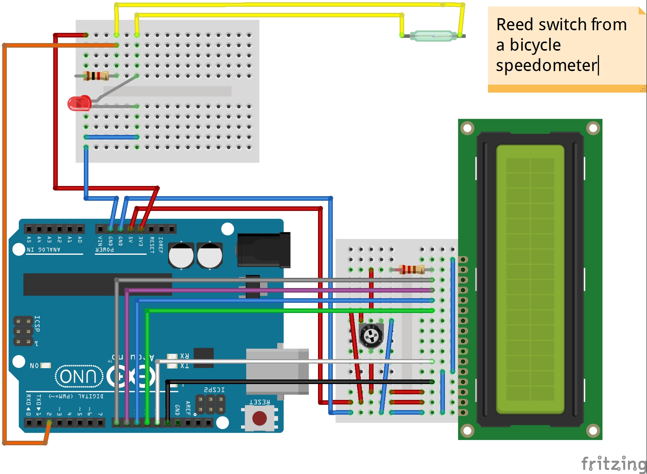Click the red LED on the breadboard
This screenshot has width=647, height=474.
(x=79, y=103)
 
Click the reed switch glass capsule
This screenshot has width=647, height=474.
(x=433, y=36)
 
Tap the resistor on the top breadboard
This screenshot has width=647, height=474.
(x=96, y=76)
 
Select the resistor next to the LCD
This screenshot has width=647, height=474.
(x=412, y=270)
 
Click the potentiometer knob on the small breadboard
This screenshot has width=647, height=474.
(x=371, y=335)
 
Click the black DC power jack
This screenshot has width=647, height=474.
(x=264, y=250)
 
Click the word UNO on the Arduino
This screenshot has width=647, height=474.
(x=79, y=376)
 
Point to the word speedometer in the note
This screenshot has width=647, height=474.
(x=547, y=65)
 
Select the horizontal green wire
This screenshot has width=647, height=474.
(x=287, y=311)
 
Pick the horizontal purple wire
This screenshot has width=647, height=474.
(x=279, y=290)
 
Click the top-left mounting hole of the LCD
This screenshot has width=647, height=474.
(x=467, y=128)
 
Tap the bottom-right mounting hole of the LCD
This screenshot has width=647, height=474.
(x=593, y=430)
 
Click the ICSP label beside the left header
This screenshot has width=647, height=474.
(x=37, y=324)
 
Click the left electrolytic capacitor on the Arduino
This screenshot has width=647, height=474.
(x=181, y=255)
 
